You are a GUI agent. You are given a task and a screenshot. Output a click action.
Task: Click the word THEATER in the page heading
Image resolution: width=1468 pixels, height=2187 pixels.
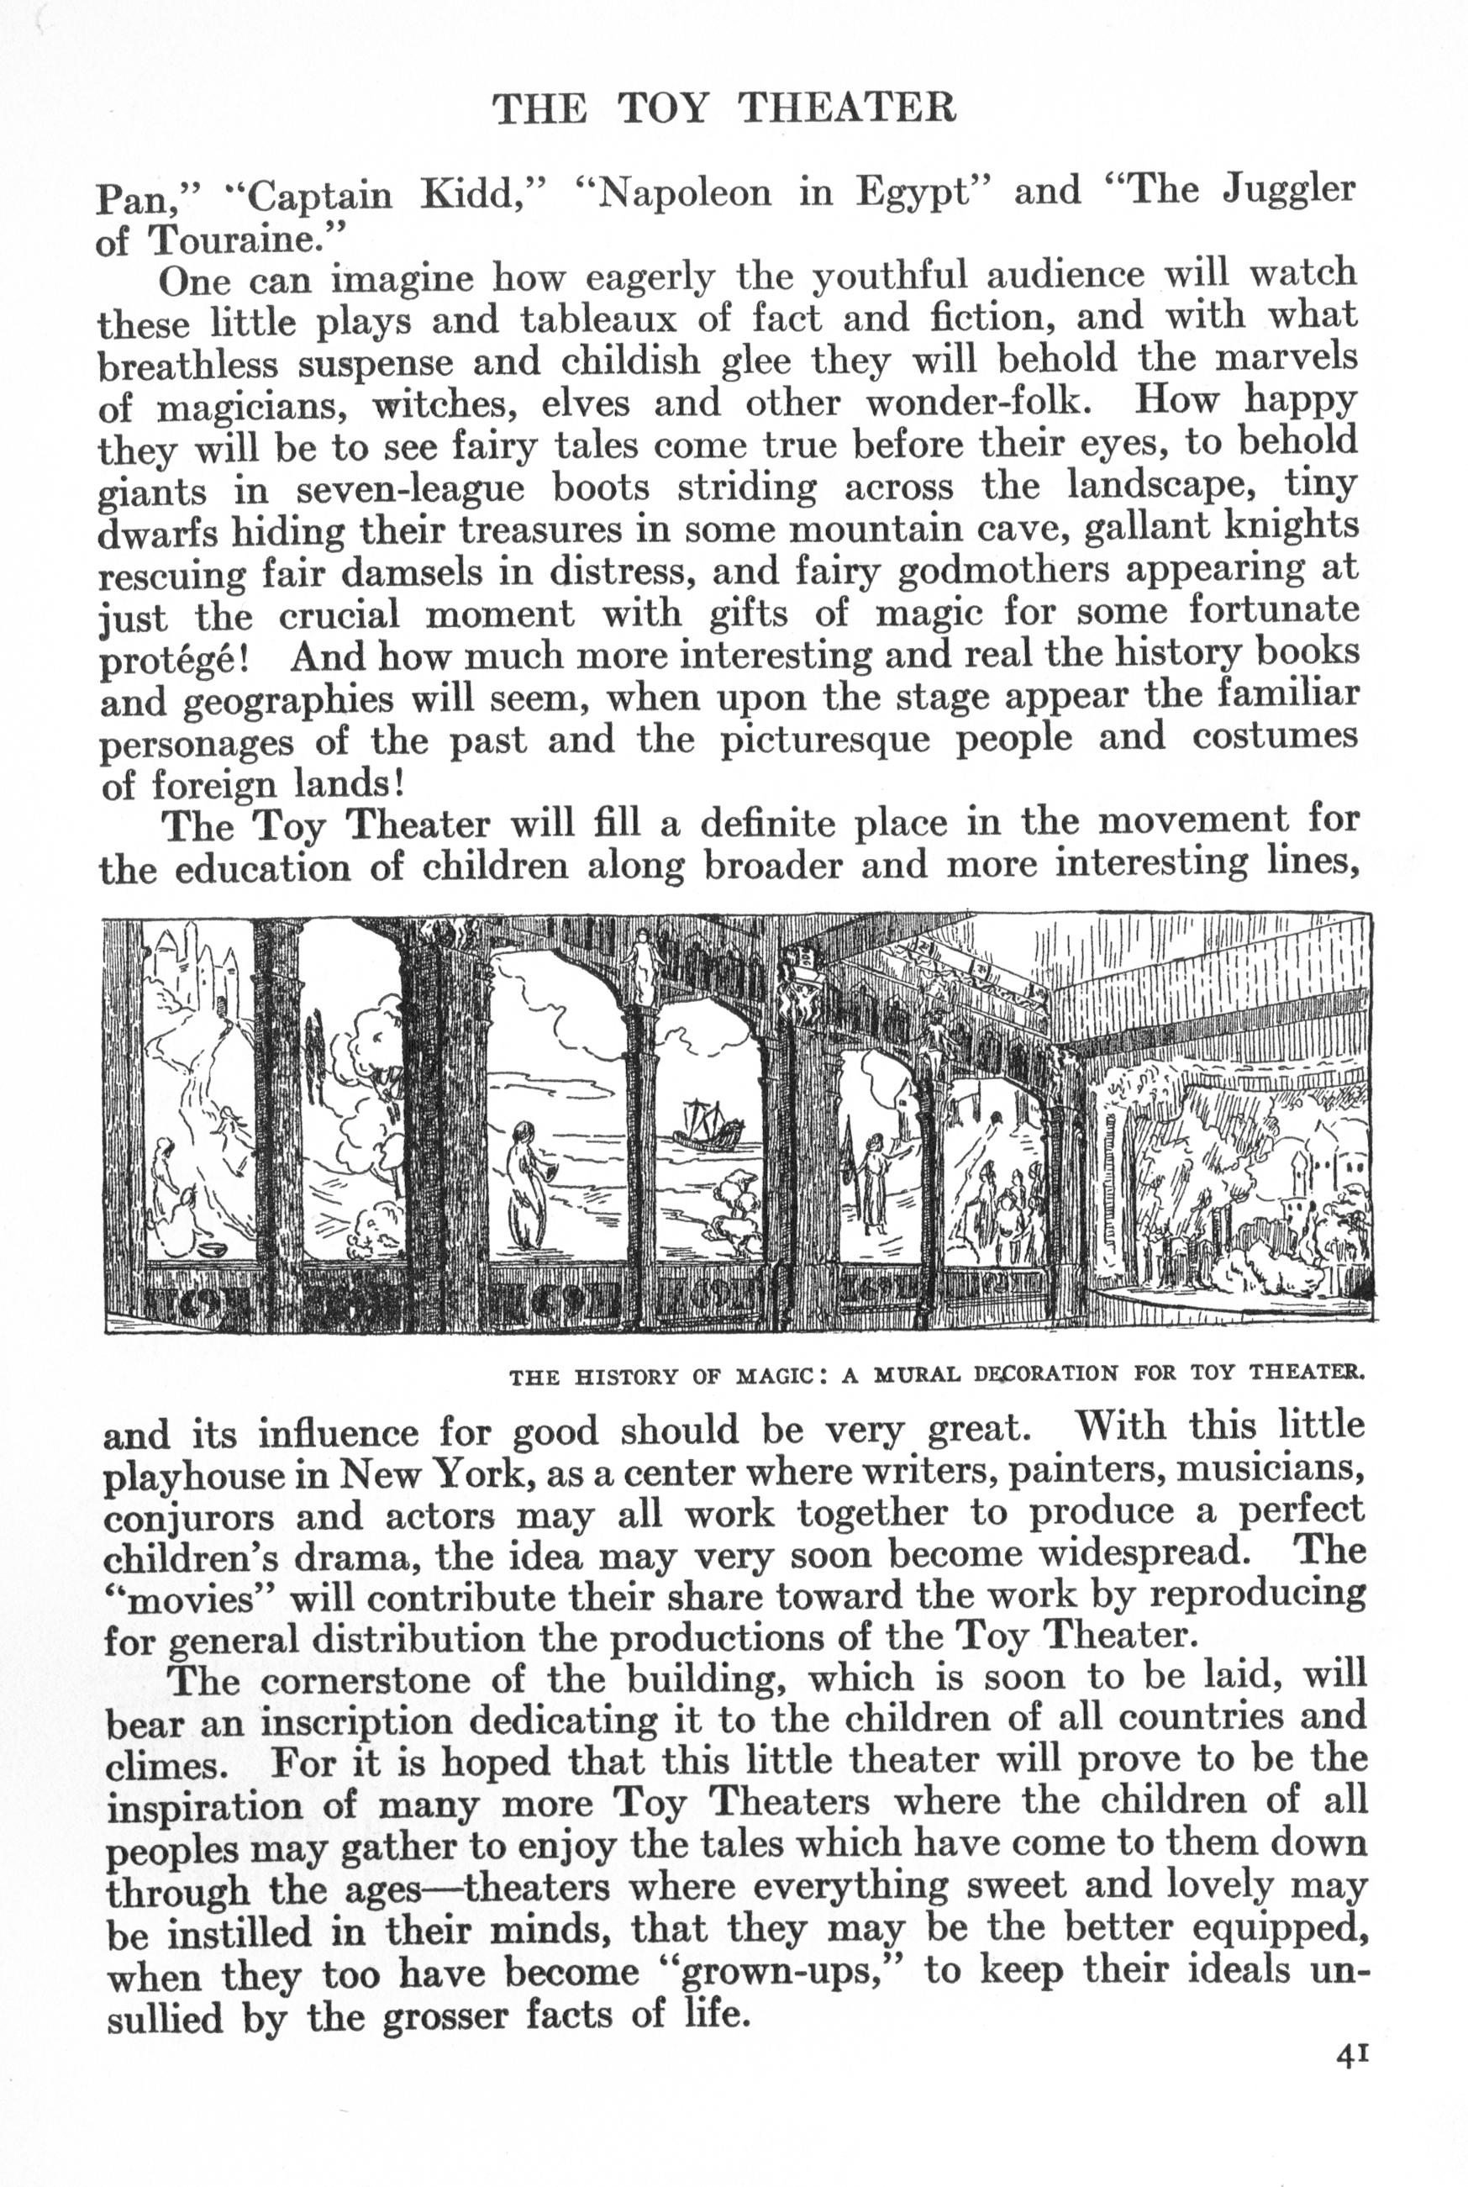click(x=847, y=108)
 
